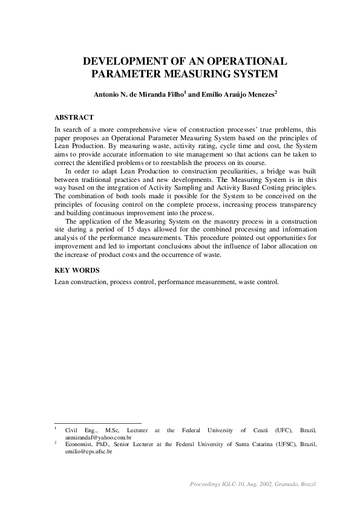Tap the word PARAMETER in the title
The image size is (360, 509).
tap(121, 74)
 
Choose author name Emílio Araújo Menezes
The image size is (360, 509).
tap(234, 95)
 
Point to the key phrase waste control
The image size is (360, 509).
tap(260, 282)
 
